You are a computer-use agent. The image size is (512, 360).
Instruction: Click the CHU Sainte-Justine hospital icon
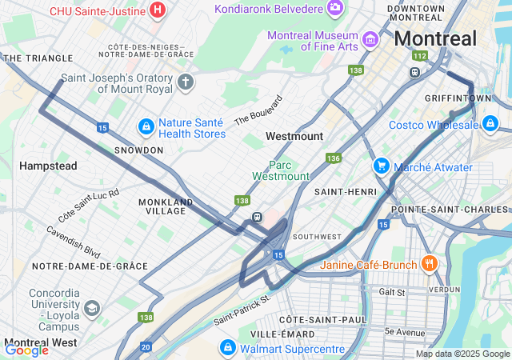pos(158,10)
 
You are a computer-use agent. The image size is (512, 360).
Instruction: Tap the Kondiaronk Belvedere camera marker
pos(335,8)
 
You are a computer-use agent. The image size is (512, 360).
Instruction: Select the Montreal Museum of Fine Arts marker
pos(370,38)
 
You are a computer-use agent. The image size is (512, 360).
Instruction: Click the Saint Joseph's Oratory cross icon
pos(186,82)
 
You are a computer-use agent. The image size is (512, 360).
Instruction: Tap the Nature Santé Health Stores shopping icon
pos(146,126)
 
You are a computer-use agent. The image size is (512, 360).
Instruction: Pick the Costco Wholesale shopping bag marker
pos(490,124)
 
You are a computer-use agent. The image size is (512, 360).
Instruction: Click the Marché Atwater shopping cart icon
pos(381,166)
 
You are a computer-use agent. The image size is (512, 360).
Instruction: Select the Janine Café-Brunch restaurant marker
pos(429,263)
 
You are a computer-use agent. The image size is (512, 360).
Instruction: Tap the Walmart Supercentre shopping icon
pos(228,348)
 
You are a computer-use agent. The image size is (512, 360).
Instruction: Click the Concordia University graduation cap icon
pos(92,308)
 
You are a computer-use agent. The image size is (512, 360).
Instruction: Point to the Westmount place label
pos(294,137)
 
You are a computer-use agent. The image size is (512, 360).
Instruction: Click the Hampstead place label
pos(48,166)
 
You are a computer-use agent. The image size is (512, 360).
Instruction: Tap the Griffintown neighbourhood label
pos(458,98)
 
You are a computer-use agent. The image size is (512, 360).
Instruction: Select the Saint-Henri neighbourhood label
pos(340,192)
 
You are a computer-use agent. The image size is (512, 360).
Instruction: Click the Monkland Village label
pos(166,206)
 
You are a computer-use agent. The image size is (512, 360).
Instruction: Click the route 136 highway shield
pos(334,158)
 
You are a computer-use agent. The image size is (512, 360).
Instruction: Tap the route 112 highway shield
pos(419,56)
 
